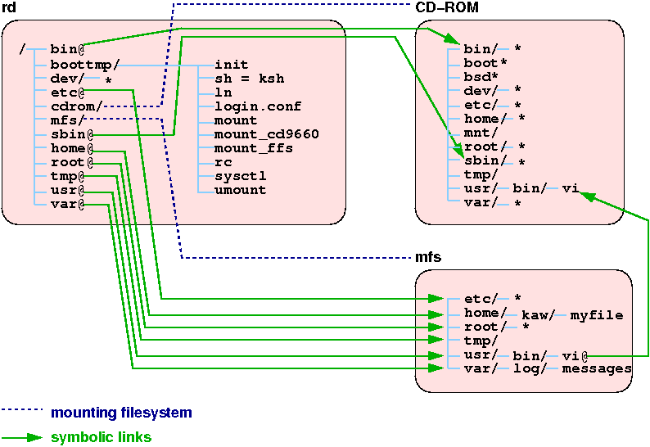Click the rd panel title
pyautogui.click(x=10, y=8)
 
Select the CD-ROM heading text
pyautogui.click(x=447, y=8)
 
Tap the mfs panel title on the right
pyautogui.click(x=428, y=257)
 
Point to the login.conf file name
pyautogui.click(x=258, y=106)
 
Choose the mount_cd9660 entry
pyautogui.click(x=266, y=134)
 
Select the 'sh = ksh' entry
pyautogui.click(x=250, y=79)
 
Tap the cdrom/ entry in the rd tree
pyautogui.click(x=76, y=106)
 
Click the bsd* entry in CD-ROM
pyautogui.click(x=481, y=76)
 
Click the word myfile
pyautogui.click(x=597, y=314)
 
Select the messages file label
pyautogui.click(x=597, y=368)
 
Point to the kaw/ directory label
pyautogui.click(x=538, y=314)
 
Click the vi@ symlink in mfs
pyautogui.click(x=576, y=354)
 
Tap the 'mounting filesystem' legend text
pyautogui.click(x=121, y=413)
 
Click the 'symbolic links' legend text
pyautogui.click(x=101, y=437)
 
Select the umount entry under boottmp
pyautogui.click(x=240, y=190)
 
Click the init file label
pyautogui.click(x=232, y=65)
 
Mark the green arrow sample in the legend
pyautogui.click(x=22, y=437)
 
